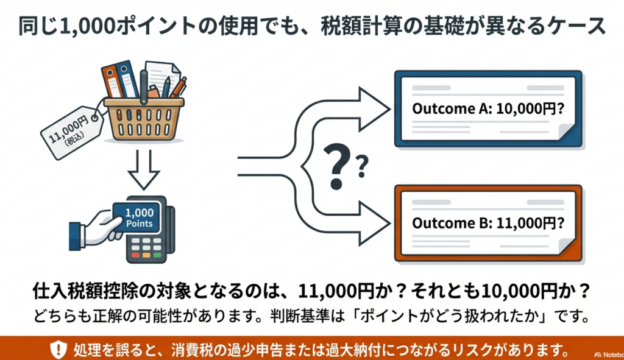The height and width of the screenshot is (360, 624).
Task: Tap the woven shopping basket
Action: click(x=144, y=119)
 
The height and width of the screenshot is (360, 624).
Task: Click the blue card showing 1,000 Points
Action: click(x=136, y=218)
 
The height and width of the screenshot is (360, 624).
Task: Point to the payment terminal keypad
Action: click(x=146, y=248)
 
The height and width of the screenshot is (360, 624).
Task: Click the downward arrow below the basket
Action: click(x=144, y=169)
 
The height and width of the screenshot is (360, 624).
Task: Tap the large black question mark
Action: click(x=338, y=166)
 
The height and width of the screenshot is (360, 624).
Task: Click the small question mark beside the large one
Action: click(x=362, y=167)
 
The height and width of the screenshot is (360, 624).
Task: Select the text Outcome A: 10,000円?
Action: click(x=488, y=108)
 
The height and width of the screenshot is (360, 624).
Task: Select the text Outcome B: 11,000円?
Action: click(x=488, y=223)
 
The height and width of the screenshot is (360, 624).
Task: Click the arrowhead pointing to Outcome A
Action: click(x=374, y=109)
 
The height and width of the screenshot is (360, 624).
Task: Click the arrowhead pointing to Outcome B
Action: click(x=374, y=223)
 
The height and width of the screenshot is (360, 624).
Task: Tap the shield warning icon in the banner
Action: click(x=58, y=350)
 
